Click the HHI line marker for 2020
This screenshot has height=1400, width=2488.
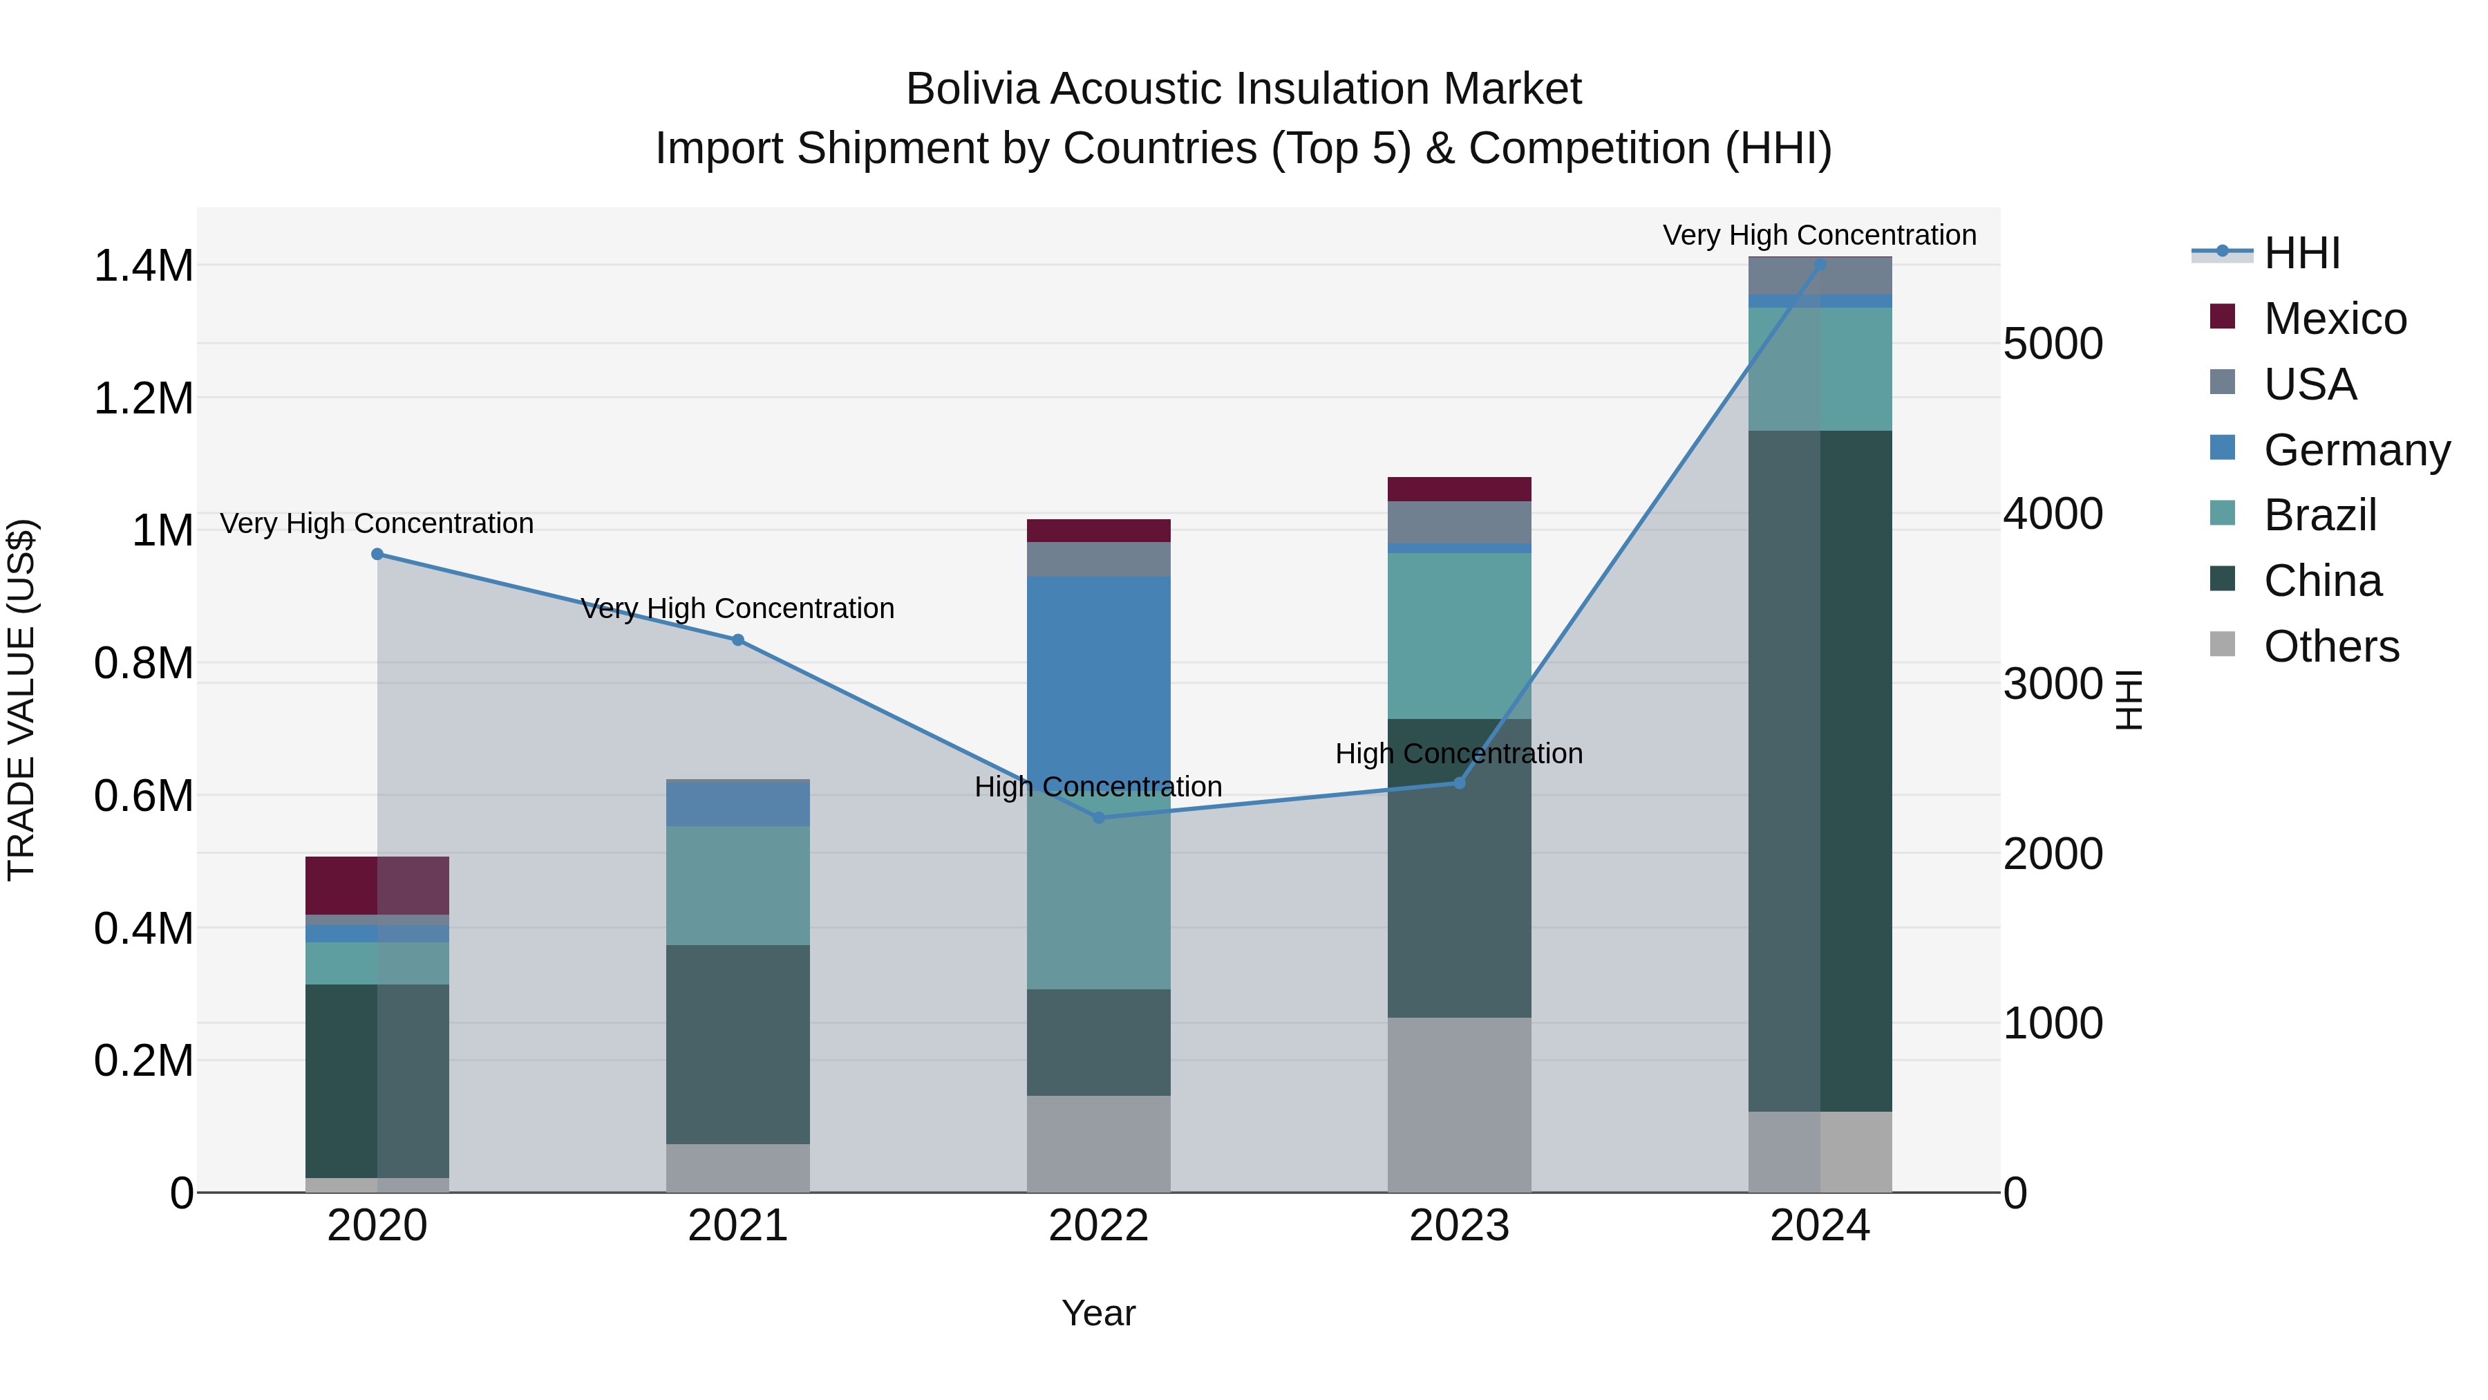point(377,554)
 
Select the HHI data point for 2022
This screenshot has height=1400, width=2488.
point(1098,817)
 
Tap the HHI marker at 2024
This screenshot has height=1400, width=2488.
point(1820,264)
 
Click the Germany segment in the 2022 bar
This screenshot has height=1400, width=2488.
point(1098,676)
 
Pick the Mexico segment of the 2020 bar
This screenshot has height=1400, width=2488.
point(377,885)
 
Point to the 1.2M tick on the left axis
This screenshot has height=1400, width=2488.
point(143,398)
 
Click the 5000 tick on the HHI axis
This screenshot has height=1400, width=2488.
point(2053,344)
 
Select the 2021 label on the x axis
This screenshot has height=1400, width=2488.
point(738,1226)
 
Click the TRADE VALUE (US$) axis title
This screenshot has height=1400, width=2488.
point(21,700)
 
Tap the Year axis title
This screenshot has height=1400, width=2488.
point(1098,1313)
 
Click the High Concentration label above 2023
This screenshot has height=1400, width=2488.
point(1458,754)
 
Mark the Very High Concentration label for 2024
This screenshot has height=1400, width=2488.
point(1820,236)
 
